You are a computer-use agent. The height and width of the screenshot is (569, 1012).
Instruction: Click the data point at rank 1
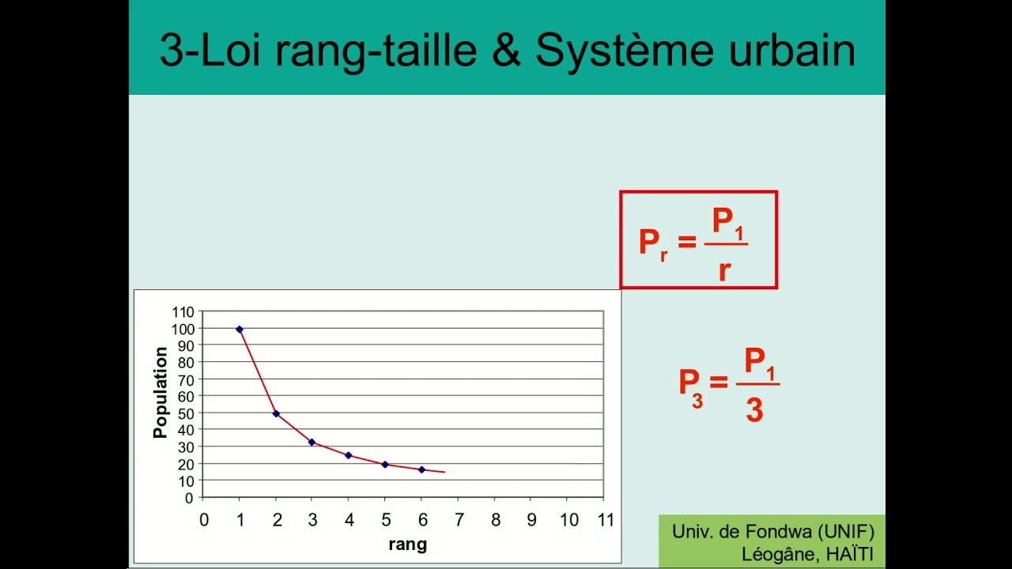click(240, 329)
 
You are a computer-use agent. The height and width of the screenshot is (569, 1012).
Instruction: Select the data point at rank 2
click(276, 413)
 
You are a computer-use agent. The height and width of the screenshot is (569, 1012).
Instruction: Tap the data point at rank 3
click(312, 442)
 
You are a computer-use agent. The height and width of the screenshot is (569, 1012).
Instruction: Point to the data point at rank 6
click(421, 469)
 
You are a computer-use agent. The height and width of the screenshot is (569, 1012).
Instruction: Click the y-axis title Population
click(160, 393)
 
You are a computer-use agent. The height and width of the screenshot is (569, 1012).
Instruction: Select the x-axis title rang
click(408, 544)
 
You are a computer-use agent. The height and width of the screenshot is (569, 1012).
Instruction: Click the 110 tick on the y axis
click(183, 311)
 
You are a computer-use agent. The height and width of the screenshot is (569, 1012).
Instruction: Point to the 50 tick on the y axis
click(186, 413)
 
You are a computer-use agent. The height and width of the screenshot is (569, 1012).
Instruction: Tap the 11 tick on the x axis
click(605, 520)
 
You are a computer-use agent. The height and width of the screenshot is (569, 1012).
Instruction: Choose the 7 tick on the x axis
click(459, 520)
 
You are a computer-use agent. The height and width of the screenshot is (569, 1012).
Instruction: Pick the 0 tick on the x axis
click(203, 520)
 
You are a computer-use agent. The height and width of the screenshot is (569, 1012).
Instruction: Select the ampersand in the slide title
click(506, 51)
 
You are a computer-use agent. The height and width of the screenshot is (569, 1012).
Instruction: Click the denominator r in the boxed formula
click(724, 270)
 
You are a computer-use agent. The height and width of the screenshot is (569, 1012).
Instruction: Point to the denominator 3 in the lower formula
click(754, 411)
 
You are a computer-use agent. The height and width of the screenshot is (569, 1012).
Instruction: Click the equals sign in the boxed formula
click(686, 241)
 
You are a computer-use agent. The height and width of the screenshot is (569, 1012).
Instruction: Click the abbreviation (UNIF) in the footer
click(847, 532)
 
